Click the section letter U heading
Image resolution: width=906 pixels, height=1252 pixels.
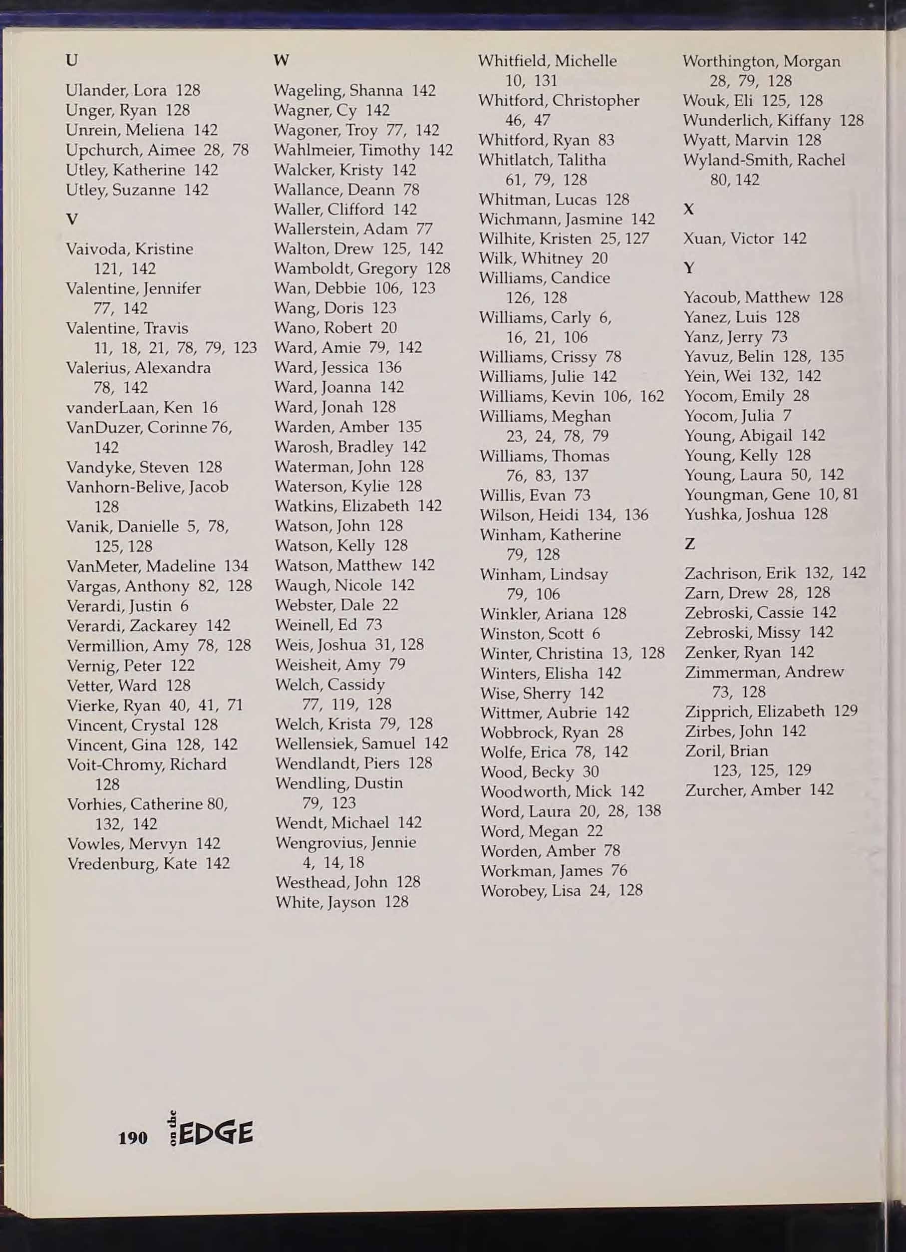71,60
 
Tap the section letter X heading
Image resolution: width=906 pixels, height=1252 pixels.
688,209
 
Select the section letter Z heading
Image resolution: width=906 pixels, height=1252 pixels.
689,544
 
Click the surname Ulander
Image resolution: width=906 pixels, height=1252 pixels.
96,90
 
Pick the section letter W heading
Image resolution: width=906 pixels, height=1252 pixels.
281,60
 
